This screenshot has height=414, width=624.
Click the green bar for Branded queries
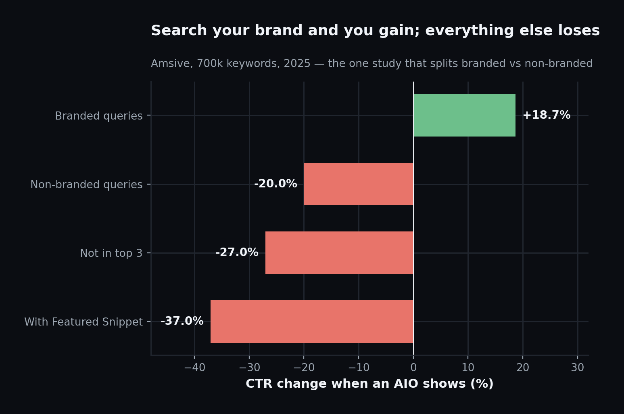coord(465,115)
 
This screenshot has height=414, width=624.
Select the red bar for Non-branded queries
coord(359,184)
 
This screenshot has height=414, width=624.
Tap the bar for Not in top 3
coord(340,253)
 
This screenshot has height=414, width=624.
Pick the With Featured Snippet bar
coord(312,322)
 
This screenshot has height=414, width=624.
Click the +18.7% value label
coord(547,115)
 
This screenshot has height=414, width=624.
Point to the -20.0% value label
coord(275,184)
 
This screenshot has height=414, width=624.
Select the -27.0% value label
coord(237,252)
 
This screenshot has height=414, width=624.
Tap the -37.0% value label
coord(182,321)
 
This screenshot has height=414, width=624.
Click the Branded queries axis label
coord(98,116)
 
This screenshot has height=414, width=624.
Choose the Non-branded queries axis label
coord(86,185)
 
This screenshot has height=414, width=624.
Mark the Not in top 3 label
coord(111,253)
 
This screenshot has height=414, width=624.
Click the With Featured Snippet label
coord(83,322)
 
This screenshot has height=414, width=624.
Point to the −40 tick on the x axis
coord(195,368)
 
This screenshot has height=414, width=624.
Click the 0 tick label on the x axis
coord(414,368)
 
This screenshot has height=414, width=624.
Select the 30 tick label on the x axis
coord(578,368)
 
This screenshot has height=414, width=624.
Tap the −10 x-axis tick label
coord(359,368)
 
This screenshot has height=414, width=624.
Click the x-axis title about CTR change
coord(369,384)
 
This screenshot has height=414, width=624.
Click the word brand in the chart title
coord(279,30)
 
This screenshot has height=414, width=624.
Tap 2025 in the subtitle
coord(297,63)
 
